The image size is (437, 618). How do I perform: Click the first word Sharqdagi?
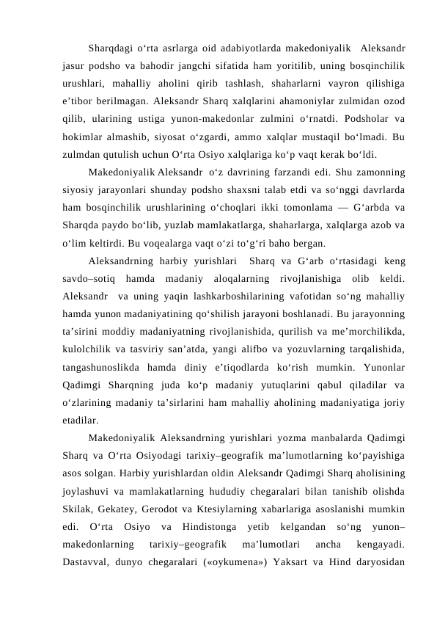click(x=109, y=49)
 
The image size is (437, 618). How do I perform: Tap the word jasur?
click(x=76, y=67)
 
